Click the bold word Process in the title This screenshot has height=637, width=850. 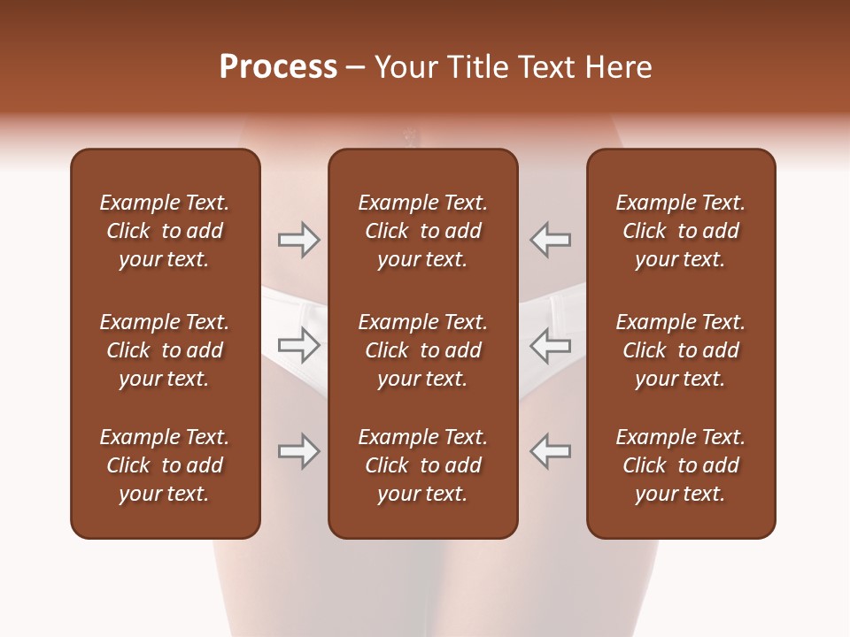click(278, 67)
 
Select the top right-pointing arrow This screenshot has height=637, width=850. click(298, 240)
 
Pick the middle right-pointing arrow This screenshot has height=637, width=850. click(298, 345)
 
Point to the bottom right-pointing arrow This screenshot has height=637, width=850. click(298, 451)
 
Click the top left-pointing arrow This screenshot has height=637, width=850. click(550, 240)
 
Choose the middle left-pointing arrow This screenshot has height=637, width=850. click(550, 345)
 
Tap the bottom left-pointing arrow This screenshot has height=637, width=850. click(550, 451)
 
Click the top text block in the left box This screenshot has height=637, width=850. click(165, 231)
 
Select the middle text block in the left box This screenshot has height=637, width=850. click(165, 350)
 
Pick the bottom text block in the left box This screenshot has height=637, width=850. click(165, 465)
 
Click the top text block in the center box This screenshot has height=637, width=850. click(422, 231)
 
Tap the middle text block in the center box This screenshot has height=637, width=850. click(422, 350)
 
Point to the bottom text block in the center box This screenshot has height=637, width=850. click(422, 465)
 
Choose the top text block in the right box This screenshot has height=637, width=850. click(680, 231)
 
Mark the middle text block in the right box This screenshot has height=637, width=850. click(680, 350)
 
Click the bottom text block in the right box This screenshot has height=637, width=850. click(680, 465)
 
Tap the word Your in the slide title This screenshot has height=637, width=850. click(404, 67)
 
